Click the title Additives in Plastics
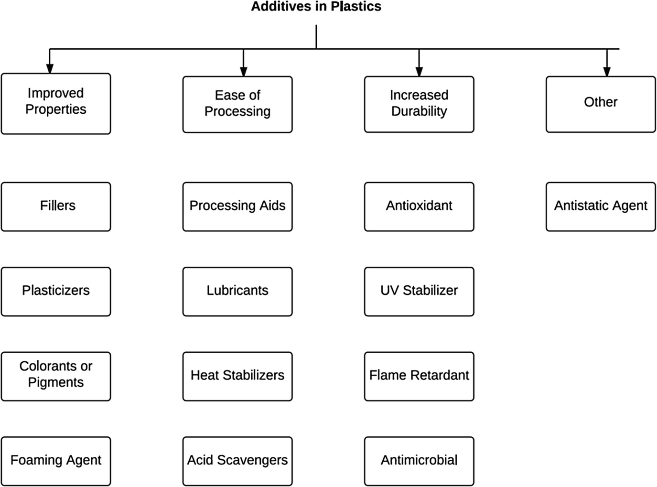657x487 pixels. pos(316,7)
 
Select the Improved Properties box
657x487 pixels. pos(56,103)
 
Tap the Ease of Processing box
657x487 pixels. pos(237,104)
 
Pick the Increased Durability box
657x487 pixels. pos(419,104)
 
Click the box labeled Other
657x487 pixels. pos(601,104)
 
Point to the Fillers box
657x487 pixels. pos(56,206)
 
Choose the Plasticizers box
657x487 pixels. pos(56,291)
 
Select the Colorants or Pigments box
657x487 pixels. pos(56,376)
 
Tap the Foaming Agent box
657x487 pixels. pos(56,461)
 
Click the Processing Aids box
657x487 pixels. pos(237,206)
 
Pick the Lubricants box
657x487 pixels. pos(237,291)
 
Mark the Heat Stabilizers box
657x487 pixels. pos(237,376)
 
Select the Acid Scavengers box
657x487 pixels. pos(237,461)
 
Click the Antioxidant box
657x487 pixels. pos(419,206)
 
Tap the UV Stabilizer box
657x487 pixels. pos(419,291)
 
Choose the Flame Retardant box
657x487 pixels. pos(419,376)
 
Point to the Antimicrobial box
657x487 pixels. pos(419,461)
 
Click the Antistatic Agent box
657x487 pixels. pos(601,206)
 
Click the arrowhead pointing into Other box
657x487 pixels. pos(607,71)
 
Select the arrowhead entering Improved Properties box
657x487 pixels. pos(50,68)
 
